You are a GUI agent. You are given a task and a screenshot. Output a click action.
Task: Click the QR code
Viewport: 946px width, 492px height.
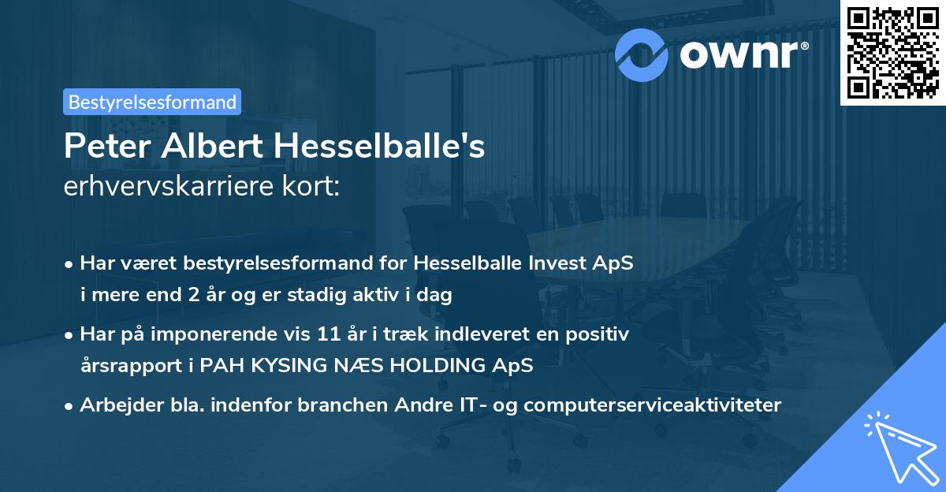pyautogui.click(x=893, y=52)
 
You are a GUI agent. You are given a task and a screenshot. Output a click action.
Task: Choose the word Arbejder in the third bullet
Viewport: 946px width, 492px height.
pyautogui.click(x=116, y=405)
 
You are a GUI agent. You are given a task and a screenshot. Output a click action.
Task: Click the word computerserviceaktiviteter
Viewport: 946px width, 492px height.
pyautogui.click(x=653, y=405)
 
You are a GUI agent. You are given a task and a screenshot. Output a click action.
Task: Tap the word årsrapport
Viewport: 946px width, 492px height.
pyautogui.click(x=130, y=367)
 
